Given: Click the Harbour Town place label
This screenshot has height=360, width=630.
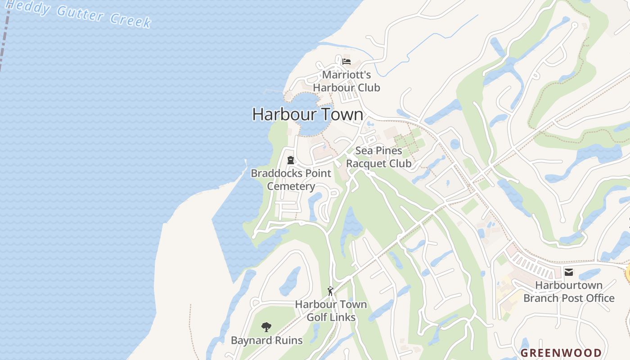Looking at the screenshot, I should pyautogui.click(x=308, y=114).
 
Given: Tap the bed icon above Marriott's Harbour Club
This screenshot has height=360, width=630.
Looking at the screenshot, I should pyautogui.click(x=346, y=61).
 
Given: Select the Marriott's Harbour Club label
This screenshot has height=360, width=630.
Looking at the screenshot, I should pyautogui.click(x=346, y=81).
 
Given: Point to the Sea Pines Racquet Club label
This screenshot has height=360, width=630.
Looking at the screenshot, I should pyautogui.click(x=379, y=157).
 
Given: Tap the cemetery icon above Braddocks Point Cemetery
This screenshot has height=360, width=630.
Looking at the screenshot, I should pyautogui.click(x=291, y=160).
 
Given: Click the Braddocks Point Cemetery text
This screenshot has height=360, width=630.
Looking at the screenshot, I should pyautogui.click(x=291, y=180).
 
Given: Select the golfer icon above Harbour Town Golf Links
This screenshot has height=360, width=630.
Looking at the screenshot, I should pyautogui.click(x=331, y=291).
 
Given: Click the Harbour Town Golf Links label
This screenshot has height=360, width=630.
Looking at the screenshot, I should pyautogui.click(x=331, y=310).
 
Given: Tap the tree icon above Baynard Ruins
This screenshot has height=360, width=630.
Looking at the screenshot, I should pyautogui.click(x=266, y=327).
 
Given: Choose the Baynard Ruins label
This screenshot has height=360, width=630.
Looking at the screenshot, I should pyautogui.click(x=267, y=340).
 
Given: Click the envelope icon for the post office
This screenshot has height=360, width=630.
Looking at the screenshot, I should pyautogui.click(x=569, y=272).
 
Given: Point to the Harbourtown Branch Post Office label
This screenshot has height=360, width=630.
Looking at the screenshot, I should pyautogui.click(x=569, y=292).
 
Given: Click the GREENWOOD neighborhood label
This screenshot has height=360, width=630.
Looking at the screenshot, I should pyautogui.click(x=561, y=353).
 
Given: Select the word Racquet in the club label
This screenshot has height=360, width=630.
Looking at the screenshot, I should pyautogui.click(x=366, y=163).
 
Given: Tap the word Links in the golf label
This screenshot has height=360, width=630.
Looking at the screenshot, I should pyautogui.click(x=343, y=317).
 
